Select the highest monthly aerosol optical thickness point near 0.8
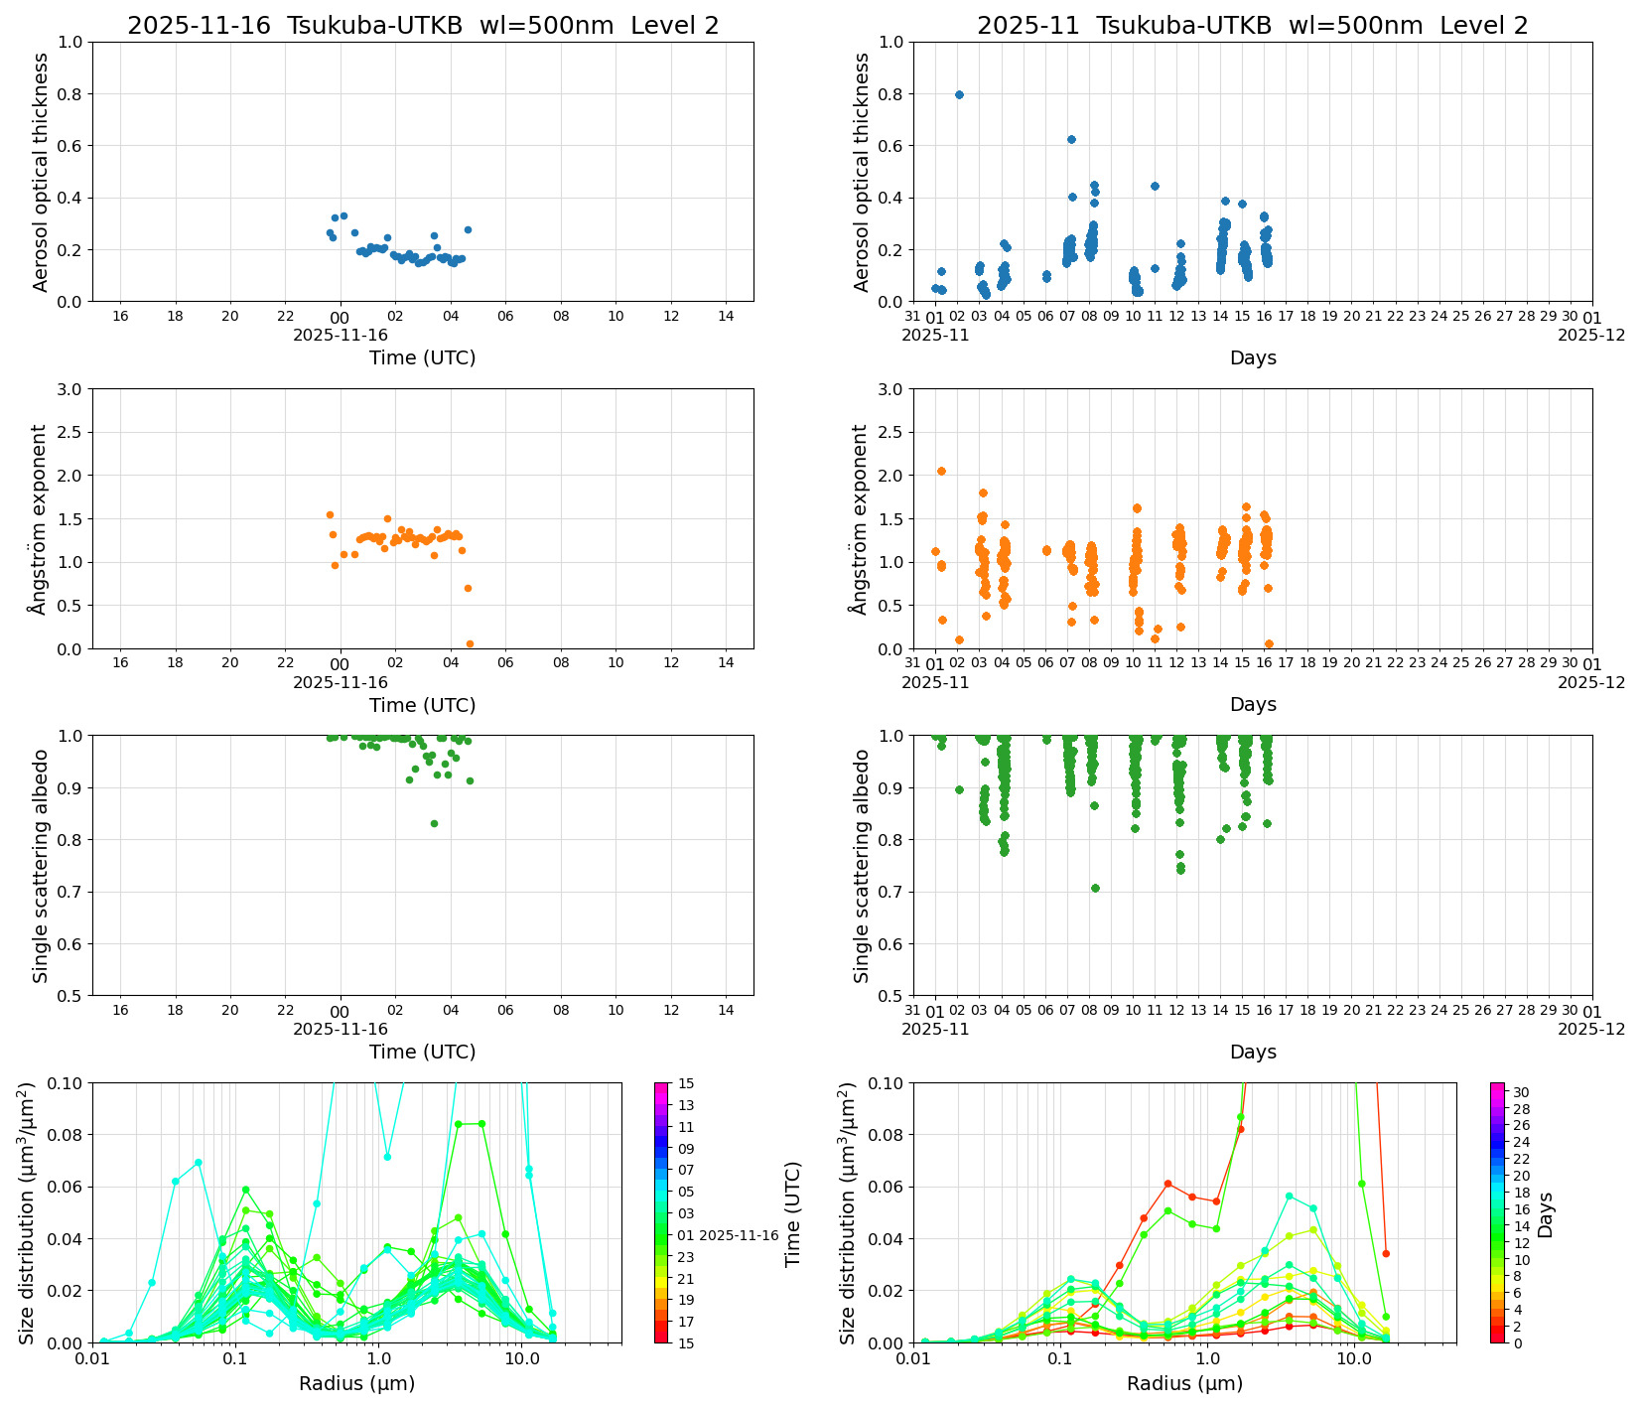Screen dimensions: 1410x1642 [x=959, y=94]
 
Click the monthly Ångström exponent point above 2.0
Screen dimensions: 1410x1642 [x=941, y=471]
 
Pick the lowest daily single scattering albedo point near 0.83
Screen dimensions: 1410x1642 [x=434, y=823]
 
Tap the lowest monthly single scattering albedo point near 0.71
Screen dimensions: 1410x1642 [x=1095, y=888]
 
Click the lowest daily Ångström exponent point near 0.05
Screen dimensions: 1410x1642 [x=470, y=643]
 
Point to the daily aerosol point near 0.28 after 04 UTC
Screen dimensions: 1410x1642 [x=468, y=229]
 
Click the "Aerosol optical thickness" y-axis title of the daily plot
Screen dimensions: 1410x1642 [x=41, y=172]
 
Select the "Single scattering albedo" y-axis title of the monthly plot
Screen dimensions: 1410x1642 [x=862, y=866]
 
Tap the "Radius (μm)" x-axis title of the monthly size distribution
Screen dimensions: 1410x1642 [x=1184, y=1383]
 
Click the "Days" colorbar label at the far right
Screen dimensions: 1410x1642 [x=1546, y=1213]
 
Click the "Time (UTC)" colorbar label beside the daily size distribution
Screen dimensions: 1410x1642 [x=792, y=1213]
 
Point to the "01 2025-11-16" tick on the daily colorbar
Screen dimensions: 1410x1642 [x=729, y=1235]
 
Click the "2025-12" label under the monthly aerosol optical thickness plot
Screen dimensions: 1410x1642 [x=1590, y=336]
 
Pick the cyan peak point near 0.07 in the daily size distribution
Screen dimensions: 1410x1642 [x=199, y=1162]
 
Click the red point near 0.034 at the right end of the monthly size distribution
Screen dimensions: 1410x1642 [x=1386, y=1253]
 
